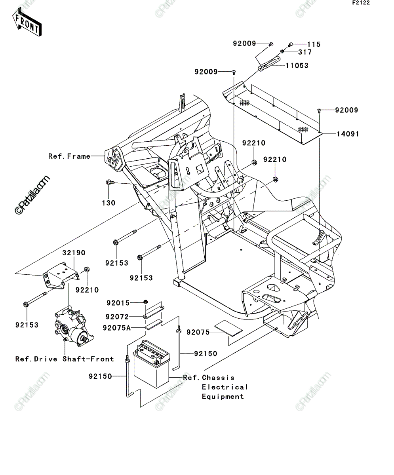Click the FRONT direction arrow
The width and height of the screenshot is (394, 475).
27,22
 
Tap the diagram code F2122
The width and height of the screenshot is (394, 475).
361,3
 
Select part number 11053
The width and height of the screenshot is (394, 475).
297,66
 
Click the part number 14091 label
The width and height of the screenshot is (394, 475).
348,134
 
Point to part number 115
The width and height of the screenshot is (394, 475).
314,44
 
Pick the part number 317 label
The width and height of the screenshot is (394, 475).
305,52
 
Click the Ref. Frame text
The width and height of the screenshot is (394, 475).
69,156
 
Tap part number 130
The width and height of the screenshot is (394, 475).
108,203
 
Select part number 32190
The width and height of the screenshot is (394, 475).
74,253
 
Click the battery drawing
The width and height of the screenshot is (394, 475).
151,364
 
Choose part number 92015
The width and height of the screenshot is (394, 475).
118,303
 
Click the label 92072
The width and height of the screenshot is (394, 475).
117,317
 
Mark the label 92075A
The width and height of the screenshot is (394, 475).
117,328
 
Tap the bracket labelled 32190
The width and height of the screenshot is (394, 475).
61,275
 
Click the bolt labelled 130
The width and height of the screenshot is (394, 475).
110,182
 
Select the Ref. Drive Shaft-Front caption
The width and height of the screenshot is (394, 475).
65,359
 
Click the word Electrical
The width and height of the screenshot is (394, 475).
225,387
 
